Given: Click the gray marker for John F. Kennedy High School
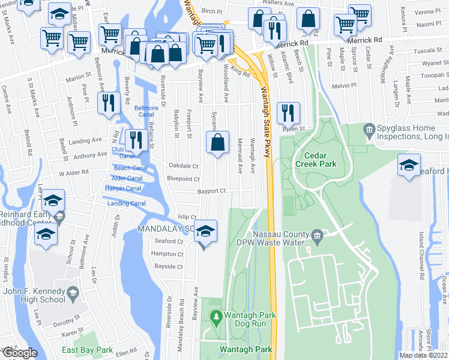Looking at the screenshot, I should (x=73, y=293).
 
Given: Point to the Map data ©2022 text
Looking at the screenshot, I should (x=423, y=355).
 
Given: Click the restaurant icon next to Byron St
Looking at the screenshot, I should (x=287, y=113).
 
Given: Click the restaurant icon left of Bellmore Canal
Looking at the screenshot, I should (x=109, y=103).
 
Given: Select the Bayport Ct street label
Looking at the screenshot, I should (x=212, y=191).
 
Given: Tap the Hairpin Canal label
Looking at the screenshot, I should (x=123, y=188).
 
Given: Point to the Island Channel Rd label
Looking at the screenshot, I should (x=422, y=265).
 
